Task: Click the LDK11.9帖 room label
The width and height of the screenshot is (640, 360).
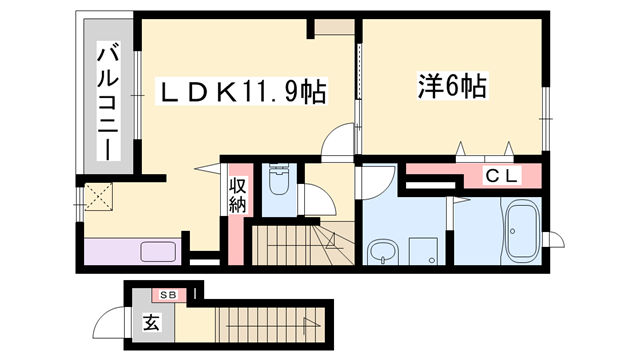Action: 244,92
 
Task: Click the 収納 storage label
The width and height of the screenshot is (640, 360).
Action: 237,197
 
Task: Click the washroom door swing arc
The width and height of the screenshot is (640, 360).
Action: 378,182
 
